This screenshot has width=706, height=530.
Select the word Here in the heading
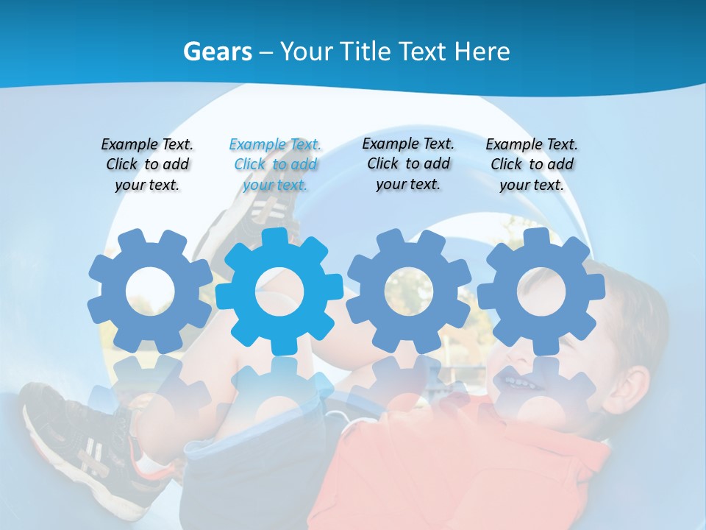(482, 52)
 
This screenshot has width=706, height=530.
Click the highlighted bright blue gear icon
(279, 291)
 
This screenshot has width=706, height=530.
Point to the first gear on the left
(150, 291)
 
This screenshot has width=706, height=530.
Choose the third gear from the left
(409, 291)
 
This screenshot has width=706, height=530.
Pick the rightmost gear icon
(541, 291)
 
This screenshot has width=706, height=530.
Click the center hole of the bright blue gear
(279, 291)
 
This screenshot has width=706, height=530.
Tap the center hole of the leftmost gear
(150, 291)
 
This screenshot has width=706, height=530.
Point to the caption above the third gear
(408, 163)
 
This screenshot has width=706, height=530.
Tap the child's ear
(631, 383)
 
